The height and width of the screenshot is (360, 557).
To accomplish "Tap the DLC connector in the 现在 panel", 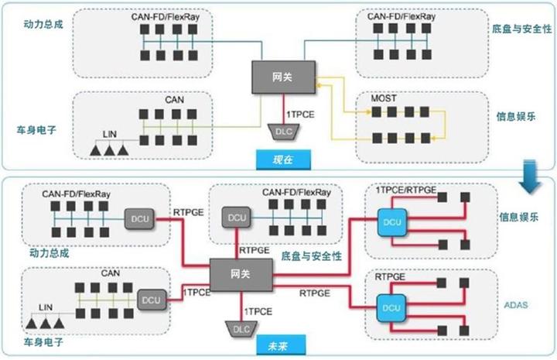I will point(283,130).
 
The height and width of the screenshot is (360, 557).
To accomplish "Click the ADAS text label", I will point(515,304).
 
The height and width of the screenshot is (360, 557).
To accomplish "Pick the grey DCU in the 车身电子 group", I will point(150,297).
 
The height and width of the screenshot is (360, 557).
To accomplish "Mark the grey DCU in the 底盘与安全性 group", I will point(235,218).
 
